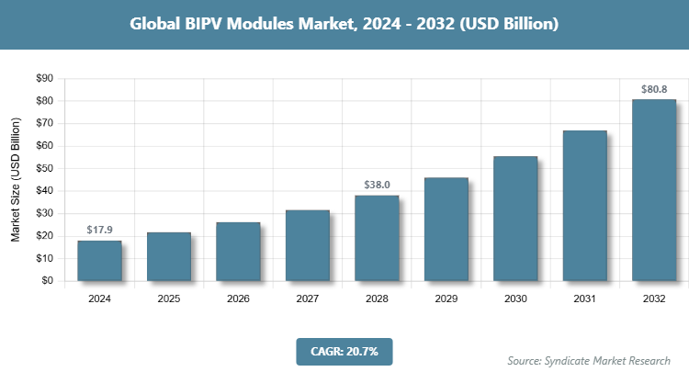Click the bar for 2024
point(99,261)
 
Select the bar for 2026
point(238,252)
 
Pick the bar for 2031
point(584,206)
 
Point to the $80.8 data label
point(653,90)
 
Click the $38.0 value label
point(377,186)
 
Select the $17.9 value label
point(99,230)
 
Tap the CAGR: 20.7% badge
point(344,350)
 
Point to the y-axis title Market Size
point(16,181)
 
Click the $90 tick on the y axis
point(44,79)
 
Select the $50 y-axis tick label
point(44,168)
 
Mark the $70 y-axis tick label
point(44,123)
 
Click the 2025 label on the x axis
point(169,299)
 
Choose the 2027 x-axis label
point(307,299)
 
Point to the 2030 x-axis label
point(514,299)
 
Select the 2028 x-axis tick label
point(377,299)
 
